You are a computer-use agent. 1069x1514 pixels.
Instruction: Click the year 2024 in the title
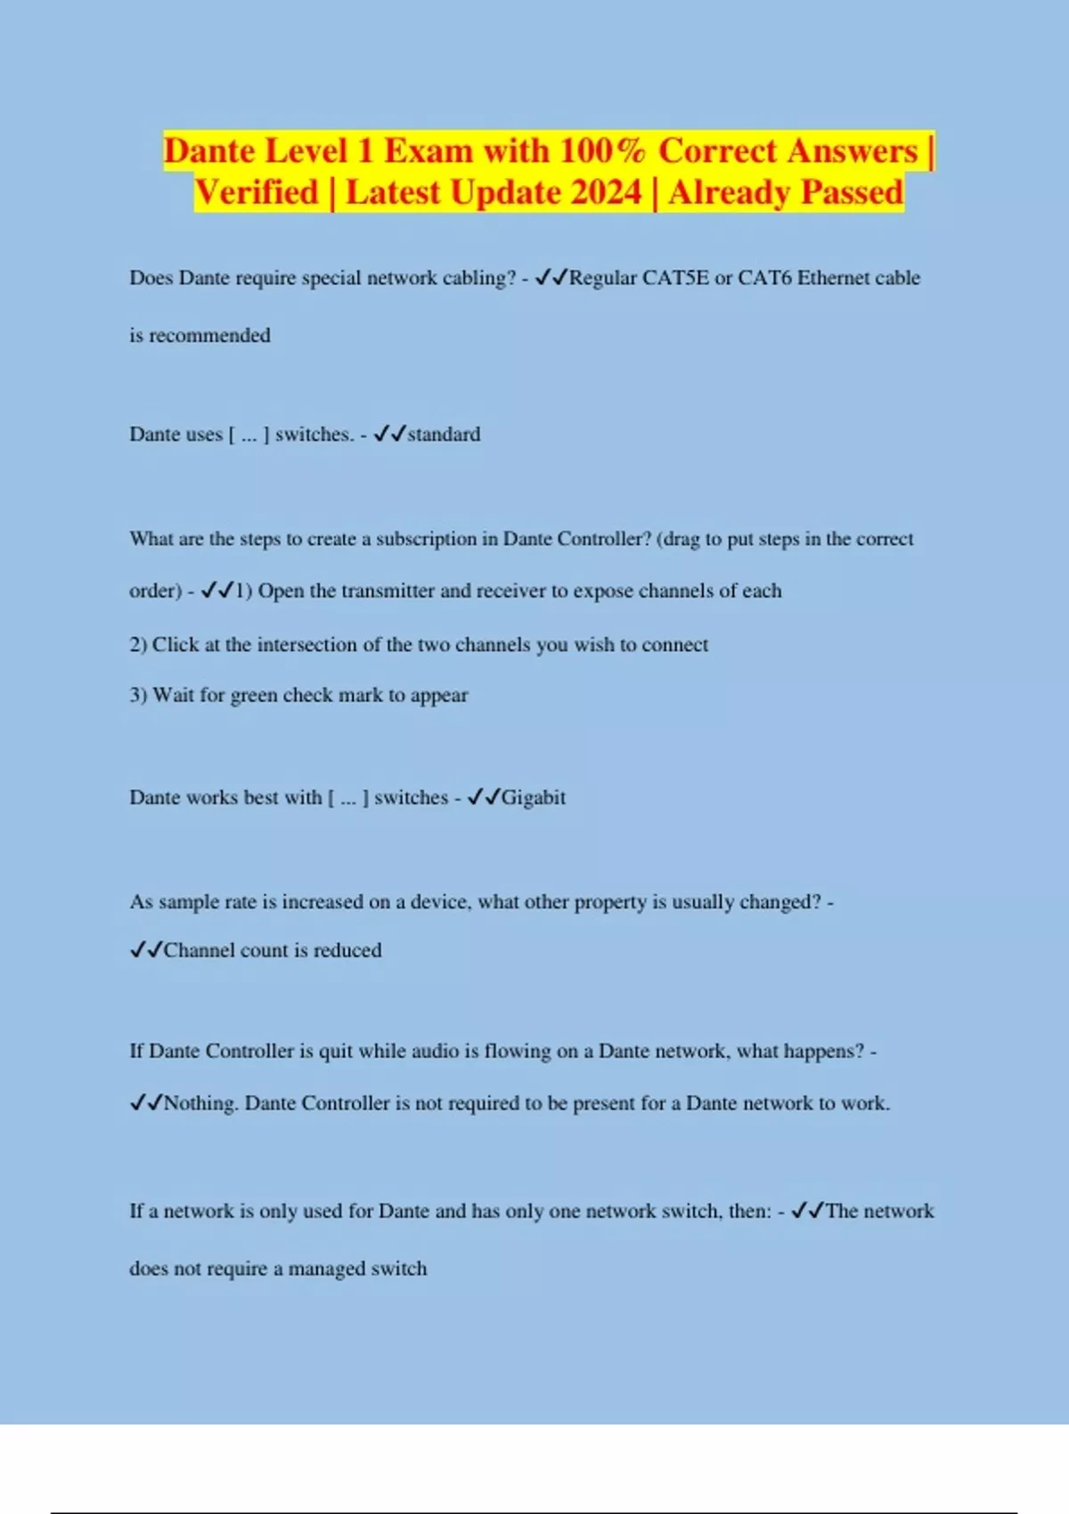coord(602,192)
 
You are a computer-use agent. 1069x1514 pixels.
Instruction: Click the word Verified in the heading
coord(257,192)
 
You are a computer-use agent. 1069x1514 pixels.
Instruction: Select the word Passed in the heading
coord(852,192)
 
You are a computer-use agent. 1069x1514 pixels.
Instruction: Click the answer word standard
coord(444,435)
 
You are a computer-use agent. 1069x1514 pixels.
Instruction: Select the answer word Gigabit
coord(533,798)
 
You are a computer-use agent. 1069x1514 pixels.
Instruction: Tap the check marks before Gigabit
coord(484,797)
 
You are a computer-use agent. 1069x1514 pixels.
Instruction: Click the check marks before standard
coord(390,434)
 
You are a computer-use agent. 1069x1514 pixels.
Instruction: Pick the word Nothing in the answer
coord(200,1103)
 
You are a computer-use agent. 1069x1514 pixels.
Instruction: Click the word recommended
coord(209,336)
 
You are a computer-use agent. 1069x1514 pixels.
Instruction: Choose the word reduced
coord(347,950)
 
